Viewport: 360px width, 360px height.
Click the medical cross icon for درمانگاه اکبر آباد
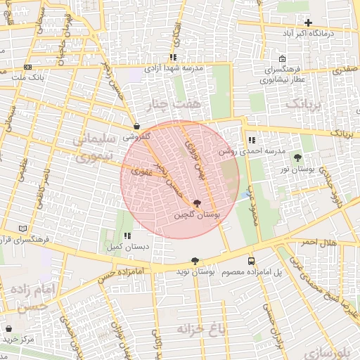[x=308, y=23]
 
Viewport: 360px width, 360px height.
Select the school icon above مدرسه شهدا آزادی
[x=172, y=58]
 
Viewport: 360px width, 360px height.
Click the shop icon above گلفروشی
[x=136, y=127]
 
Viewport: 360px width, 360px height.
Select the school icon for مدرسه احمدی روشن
[x=252, y=140]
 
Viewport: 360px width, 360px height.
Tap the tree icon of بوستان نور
[x=297, y=157]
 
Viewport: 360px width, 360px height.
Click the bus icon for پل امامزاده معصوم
[x=252, y=261]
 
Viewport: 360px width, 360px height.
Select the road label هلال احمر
[x=317, y=243]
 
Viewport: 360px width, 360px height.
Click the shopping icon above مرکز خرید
[x=8, y=328]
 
